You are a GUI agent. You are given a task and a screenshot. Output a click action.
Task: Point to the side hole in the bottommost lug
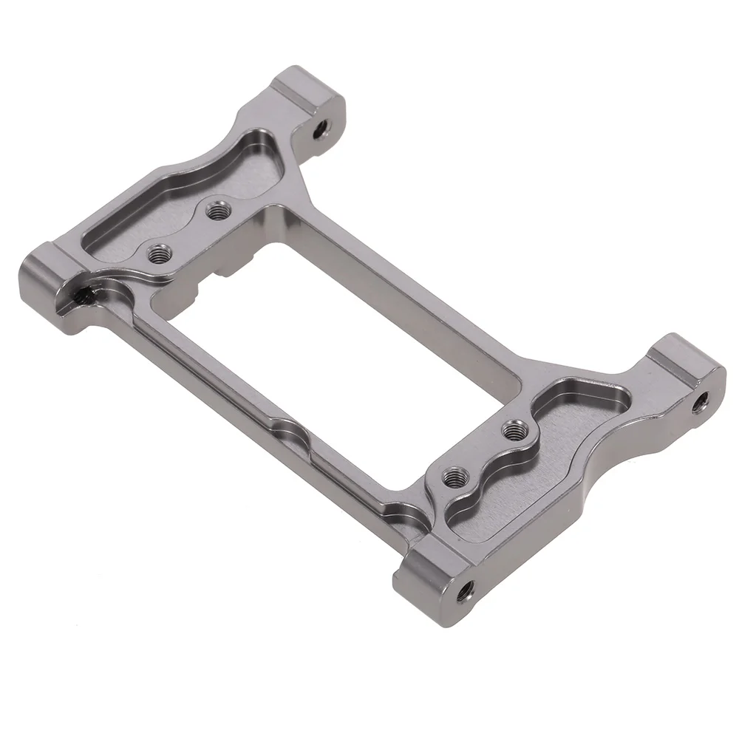(x=466, y=589)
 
